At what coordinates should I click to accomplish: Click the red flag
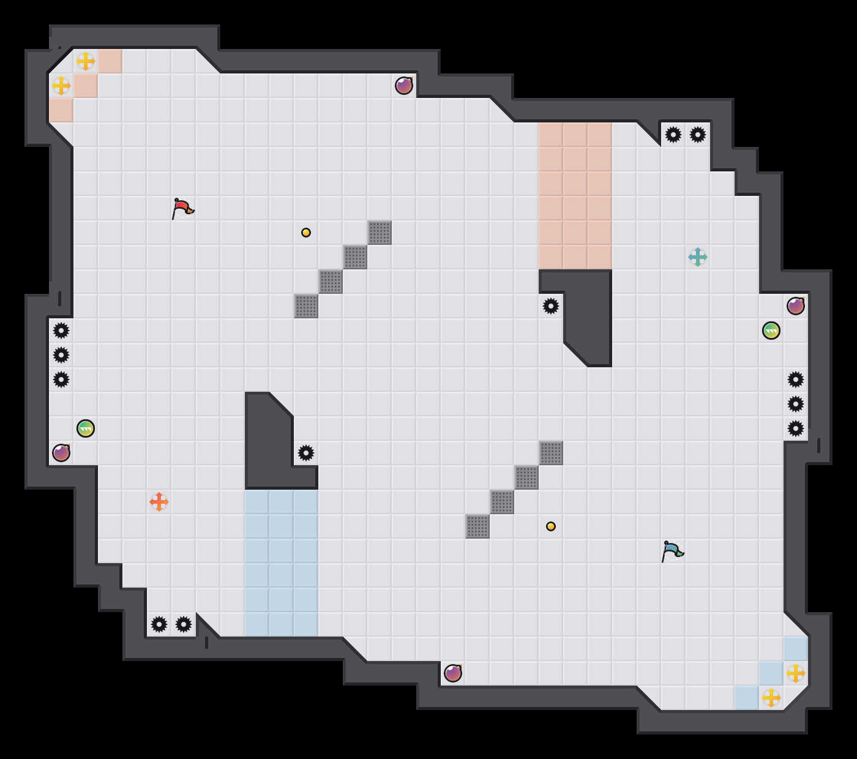click(182, 208)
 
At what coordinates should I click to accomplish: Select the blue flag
click(672, 551)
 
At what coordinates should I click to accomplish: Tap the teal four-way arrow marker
click(698, 257)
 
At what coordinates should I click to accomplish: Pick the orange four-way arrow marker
click(159, 502)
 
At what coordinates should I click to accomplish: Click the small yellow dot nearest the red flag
click(306, 233)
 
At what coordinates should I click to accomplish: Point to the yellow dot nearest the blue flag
click(551, 526)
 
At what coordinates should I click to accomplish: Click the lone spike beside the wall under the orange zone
click(551, 306)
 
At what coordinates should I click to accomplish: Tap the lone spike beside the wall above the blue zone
click(306, 453)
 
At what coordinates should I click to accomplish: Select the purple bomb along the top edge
click(404, 86)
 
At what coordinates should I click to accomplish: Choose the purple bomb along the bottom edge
click(453, 673)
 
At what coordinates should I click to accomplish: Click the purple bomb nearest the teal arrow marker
click(796, 306)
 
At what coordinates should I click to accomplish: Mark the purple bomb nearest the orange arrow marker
click(61, 453)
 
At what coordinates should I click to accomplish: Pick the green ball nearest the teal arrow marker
click(771, 331)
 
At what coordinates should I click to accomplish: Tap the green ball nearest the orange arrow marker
click(86, 428)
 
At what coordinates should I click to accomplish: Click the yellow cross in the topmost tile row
click(86, 61)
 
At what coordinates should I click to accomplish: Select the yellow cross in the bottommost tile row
click(771, 698)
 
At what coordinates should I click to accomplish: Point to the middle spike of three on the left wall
click(61, 355)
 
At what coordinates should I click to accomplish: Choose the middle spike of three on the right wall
click(796, 404)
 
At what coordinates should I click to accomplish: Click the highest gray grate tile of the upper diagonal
click(380, 233)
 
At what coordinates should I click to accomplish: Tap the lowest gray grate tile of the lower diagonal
click(477, 526)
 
